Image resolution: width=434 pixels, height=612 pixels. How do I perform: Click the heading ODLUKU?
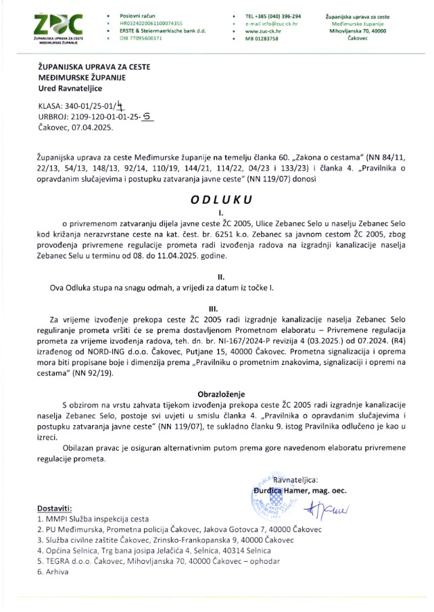click(216, 200)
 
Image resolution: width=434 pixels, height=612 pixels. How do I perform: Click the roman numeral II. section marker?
click(216, 277)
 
